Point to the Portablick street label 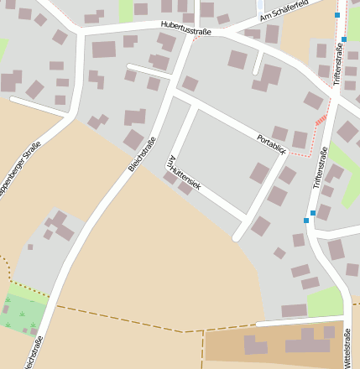[272, 144]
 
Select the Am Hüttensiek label [185, 173]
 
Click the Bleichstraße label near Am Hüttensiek [143, 153]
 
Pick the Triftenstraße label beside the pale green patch [320, 168]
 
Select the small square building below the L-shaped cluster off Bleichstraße [30, 247]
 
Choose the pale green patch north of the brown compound [324, 302]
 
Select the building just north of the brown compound [294, 310]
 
